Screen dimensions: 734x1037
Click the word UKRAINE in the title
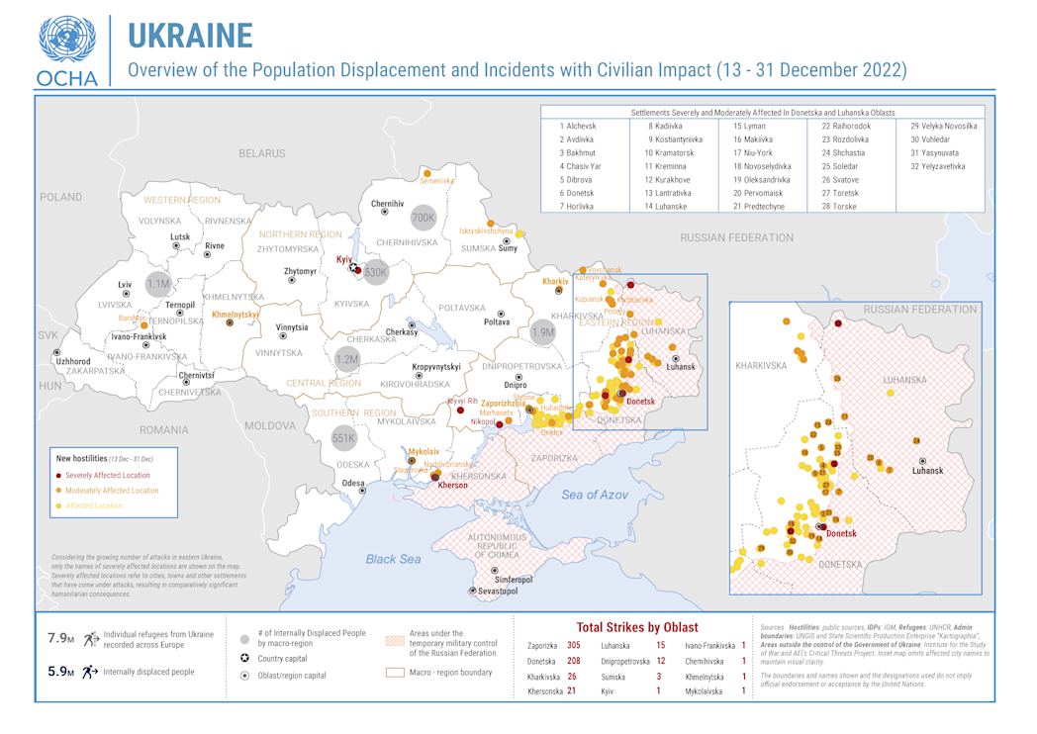(191, 35)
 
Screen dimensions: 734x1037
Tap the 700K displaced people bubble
(423, 218)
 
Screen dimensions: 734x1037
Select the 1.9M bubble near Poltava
(542, 332)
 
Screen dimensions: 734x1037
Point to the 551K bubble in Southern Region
(342, 437)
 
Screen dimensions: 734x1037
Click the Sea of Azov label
(595, 494)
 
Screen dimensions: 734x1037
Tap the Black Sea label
(394, 559)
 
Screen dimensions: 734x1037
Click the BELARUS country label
(261, 153)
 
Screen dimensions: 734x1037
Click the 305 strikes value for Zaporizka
(573, 645)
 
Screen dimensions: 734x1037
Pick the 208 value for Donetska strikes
(573, 661)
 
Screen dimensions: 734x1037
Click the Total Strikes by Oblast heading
(636, 627)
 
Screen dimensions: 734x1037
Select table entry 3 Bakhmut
(578, 153)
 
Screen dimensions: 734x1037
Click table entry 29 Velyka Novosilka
(943, 127)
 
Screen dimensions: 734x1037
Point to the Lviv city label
(125, 284)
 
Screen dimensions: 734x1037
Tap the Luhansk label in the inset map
(927, 471)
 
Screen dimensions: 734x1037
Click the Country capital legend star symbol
(244, 658)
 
